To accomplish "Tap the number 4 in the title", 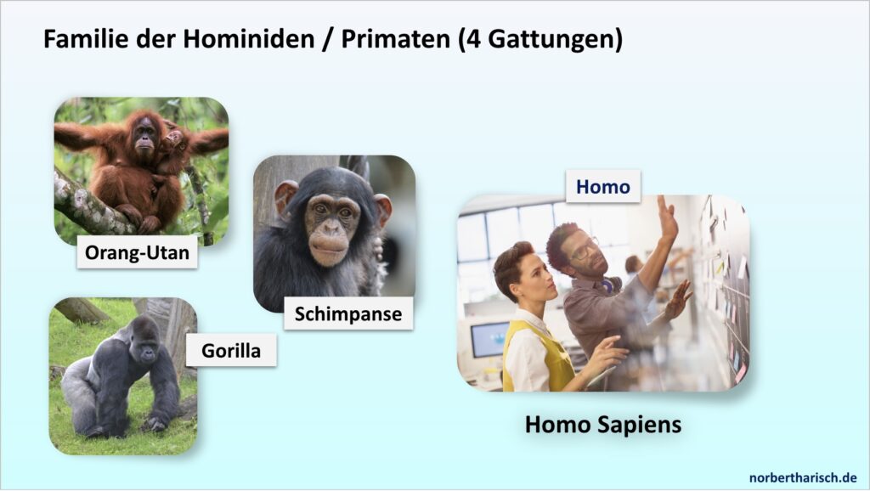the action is click(x=474, y=39).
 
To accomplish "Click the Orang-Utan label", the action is click(x=137, y=252).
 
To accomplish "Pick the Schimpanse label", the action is click(x=348, y=313).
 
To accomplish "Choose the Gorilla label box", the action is click(x=231, y=350).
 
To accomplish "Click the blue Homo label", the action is click(x=603, y=186).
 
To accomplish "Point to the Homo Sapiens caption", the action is click(x=603, y=425).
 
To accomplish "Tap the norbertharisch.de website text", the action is click(x=803, y=477).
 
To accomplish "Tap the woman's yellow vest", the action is click(x=538, y=358).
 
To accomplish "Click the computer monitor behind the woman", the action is click(x=489, y=339).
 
